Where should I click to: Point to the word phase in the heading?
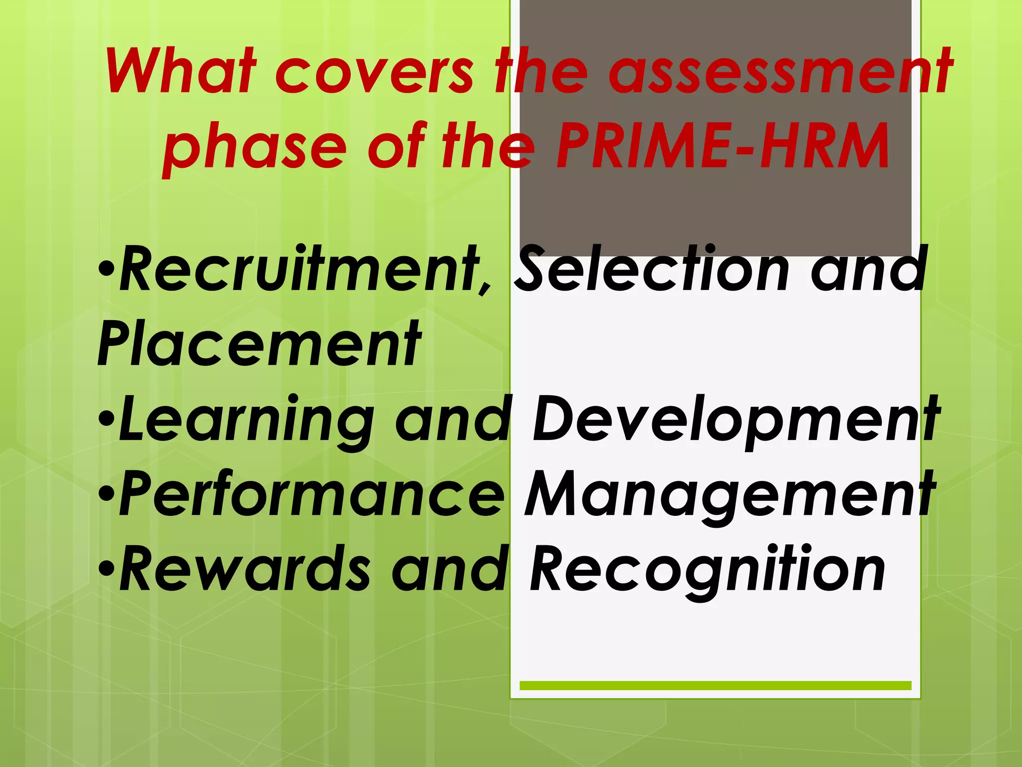pos(255,148)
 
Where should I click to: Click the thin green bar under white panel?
pos(715,686)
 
